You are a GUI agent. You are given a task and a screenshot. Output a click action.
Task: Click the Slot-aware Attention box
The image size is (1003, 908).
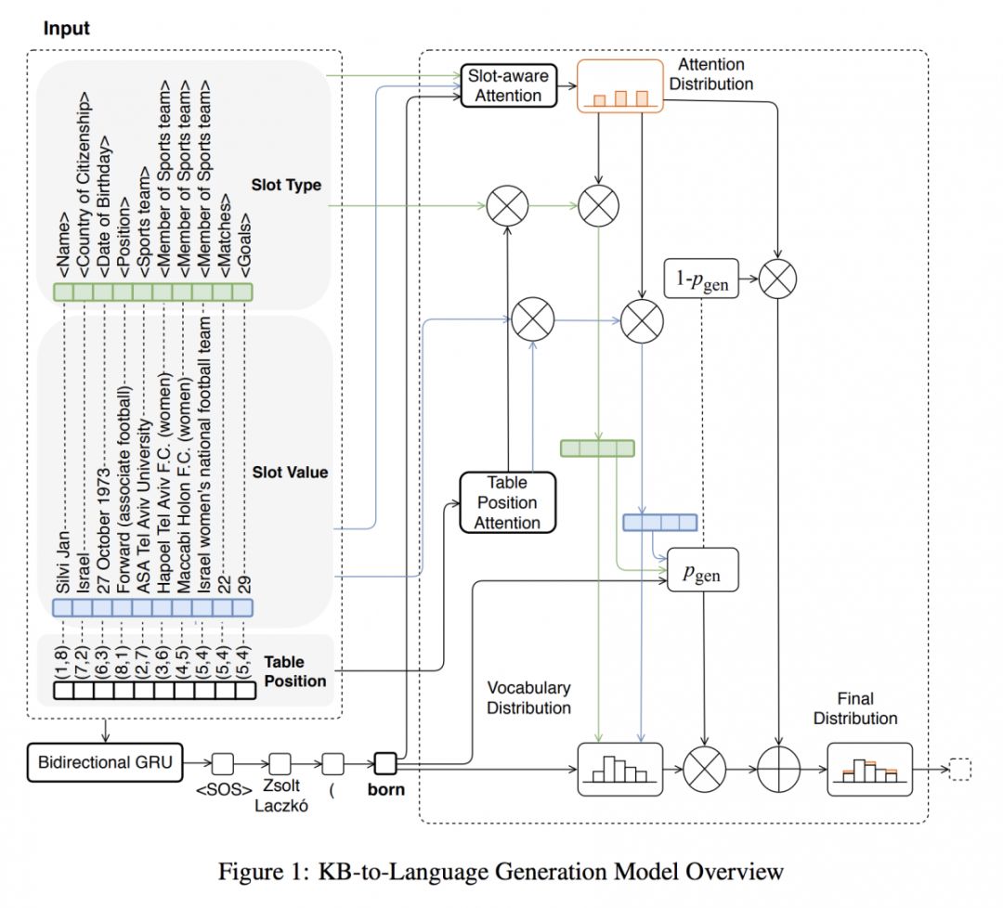pos(507,84)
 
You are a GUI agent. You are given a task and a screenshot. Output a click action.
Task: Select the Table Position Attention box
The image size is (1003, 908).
pos(507,502)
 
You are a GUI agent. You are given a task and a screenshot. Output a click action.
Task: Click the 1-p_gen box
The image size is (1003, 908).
pos(702,279)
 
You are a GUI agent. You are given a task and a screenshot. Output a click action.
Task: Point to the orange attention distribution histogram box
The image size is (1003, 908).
pos(619,86)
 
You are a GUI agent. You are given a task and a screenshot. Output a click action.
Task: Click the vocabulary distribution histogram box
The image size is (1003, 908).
pos(619,770)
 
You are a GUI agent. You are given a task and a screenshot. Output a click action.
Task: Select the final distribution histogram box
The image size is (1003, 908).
pos(870,770)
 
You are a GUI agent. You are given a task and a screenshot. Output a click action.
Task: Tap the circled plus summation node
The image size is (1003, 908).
pos(777,770)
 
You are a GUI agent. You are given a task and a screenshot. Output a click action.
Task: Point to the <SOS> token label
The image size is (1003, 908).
pos(223,794)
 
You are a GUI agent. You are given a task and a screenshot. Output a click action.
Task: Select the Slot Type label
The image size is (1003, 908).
pos(286,185)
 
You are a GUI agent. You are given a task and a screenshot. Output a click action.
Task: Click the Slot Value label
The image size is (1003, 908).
pos(290,472)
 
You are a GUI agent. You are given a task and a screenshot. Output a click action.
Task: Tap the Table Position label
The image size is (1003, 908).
pos(295,671)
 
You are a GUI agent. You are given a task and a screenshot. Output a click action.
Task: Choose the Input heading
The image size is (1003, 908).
pos(67,29)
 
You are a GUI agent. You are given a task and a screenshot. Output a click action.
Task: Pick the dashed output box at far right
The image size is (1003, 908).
pos(958,770)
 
